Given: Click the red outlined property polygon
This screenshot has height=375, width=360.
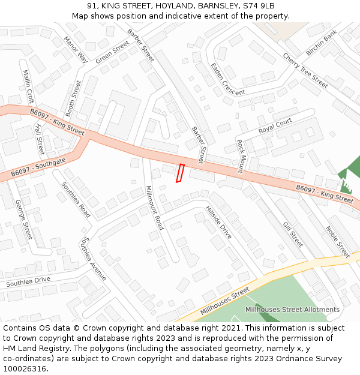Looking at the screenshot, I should (x=179, y=173).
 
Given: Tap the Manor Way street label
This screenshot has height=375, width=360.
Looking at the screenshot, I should (x=76, y=49).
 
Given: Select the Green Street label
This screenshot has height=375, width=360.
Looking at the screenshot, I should (x=112, y=52).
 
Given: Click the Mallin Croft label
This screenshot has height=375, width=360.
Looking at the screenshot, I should (x=28, y=86).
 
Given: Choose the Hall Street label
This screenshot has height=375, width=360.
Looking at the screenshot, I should (x=40, y=139).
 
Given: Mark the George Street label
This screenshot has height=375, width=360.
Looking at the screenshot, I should (x=23, y=219).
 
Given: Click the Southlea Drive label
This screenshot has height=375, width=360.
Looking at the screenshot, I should (x=28, y=281).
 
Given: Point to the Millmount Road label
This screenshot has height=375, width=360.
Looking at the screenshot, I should (x=155, y=208).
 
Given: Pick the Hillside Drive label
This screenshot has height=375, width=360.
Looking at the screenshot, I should (x=218, y=223).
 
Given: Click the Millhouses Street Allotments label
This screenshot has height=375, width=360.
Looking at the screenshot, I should (x=292, y=310).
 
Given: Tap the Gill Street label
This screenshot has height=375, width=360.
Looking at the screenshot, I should (x=293, y=234).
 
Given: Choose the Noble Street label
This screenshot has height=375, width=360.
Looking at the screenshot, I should (x=337, y=241).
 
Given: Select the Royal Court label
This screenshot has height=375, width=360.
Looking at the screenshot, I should (x=275, y=126).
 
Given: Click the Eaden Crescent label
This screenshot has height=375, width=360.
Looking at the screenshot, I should (x=227, y=79).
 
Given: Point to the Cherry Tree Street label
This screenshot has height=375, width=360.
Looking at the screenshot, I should (x=305, y=71).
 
